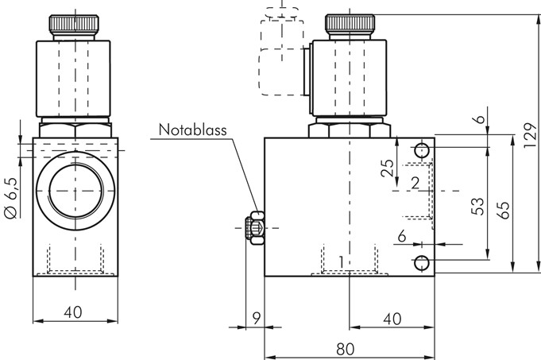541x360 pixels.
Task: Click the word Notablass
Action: click(192, 129)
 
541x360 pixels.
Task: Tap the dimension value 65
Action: click(504, 210)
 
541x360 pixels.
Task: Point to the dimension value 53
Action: click(477, 206)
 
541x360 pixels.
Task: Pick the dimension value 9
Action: click(256, 318)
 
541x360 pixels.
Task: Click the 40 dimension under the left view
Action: click(73, 313)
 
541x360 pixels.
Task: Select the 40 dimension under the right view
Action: click(391, 318)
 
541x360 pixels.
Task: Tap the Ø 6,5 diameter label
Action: click(11, 202)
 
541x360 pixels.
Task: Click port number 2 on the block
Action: click(415, 184)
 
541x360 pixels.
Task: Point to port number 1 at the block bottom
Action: click(342, 261)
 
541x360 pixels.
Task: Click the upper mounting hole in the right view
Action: click(422, 150)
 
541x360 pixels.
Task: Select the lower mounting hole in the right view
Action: click(422, 263)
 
